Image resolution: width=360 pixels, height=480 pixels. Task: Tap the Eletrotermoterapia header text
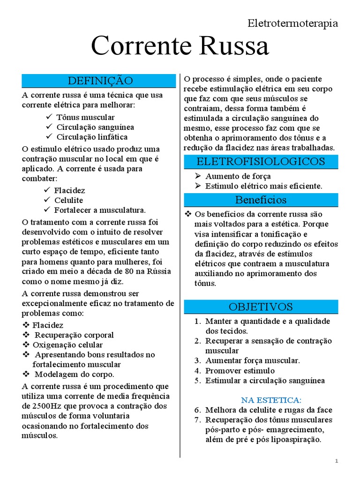(292, 23)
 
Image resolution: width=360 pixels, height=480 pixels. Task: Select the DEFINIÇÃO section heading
(100, 81)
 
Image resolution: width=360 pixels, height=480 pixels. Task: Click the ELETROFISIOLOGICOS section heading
(261, 162)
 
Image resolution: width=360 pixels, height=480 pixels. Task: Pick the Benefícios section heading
(261, 200)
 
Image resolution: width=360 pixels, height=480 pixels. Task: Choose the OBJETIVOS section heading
(261, 307)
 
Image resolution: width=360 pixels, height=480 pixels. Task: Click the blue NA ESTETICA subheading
(271, 400)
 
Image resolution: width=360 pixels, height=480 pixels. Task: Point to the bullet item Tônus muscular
(85, 117)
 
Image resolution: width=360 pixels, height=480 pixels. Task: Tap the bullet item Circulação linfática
(92, 137)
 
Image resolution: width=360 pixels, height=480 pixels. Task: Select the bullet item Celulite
(69, 200)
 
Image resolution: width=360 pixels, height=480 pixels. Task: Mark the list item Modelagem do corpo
(75, 374)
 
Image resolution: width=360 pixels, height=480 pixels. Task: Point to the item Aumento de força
(238, 176)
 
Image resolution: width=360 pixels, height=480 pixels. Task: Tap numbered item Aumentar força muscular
(253, 360)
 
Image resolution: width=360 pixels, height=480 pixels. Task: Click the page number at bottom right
(337, 462)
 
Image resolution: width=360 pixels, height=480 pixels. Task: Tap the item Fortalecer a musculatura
(100, 210)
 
